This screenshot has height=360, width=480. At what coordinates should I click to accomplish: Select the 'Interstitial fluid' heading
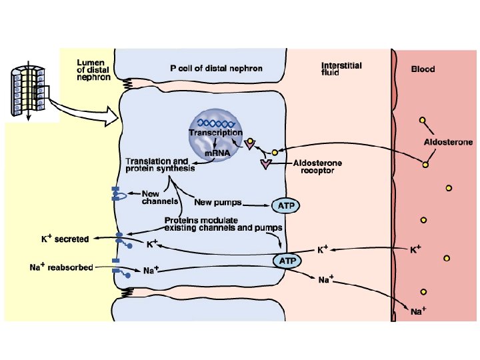[x=341, y=69]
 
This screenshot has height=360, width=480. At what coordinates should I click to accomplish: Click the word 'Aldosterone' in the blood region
[x=449, y=142]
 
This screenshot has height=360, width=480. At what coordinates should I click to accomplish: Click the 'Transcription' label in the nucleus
[x=215, y=133]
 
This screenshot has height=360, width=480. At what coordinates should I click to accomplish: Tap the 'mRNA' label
[x=217, y=154]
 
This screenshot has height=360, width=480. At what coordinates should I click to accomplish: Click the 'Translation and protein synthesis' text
[x=160, y=165]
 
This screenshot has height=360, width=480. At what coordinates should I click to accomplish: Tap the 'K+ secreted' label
[x=64, y=238]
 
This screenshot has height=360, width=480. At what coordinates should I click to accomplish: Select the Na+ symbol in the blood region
[x=417, y=311]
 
